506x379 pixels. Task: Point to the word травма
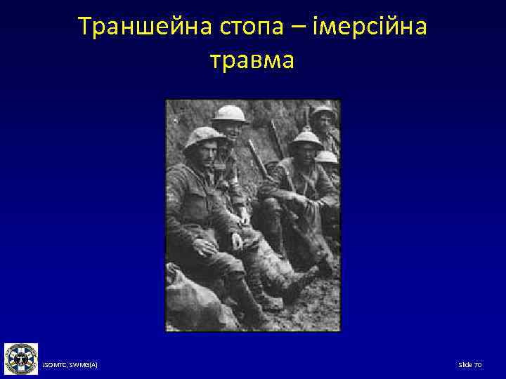tap(252, 60)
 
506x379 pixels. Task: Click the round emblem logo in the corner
tap(21, 359)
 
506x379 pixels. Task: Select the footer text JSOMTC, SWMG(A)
tap(70, 366)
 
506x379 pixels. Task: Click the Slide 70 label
tap(469, 366)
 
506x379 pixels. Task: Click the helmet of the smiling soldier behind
tap(230, 113)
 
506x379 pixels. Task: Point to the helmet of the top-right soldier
tap(323, 112)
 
